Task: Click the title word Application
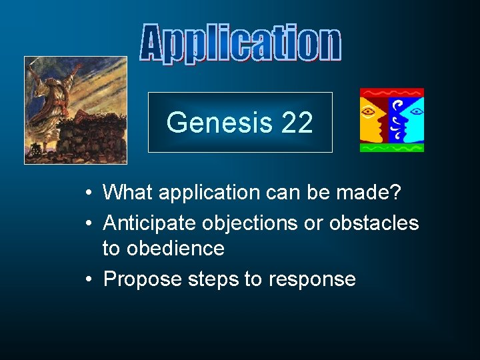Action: click(x=240, y=45)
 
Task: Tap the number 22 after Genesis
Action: click(x=297, y=123)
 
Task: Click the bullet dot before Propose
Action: click(x=89, y=279)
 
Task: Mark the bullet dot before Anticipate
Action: click(x=89, y=222)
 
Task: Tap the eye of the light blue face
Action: click(x=414, y=109)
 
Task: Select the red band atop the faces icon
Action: click(x=391, y=93)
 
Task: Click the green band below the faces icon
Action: click(x=391, y=147)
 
